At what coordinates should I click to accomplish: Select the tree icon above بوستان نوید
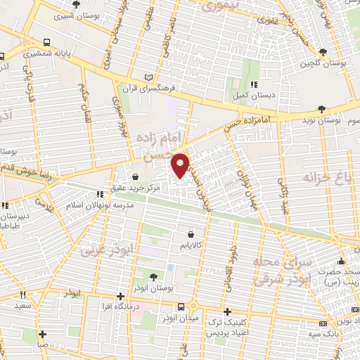322,108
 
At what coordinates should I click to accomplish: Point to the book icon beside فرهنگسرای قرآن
147,77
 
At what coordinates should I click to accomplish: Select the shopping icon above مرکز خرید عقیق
135,176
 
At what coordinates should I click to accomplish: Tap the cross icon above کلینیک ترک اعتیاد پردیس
226,311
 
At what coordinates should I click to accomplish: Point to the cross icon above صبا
43,334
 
